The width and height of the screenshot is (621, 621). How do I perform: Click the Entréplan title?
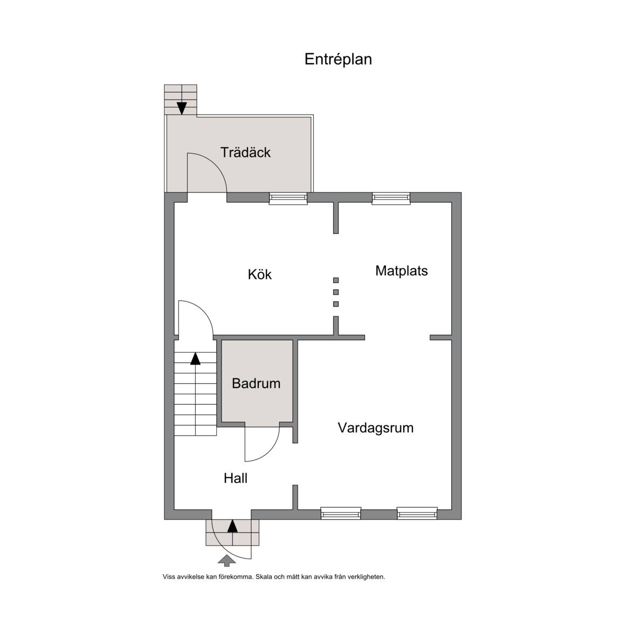click(338, 59)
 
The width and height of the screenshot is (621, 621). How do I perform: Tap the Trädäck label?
click(246, 153)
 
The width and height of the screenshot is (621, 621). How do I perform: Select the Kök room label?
click(260, 274)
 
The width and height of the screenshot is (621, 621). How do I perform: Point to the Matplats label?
click(402, 271)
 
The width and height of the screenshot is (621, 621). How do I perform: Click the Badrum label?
click(256, 383)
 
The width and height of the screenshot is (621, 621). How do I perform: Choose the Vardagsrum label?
click(375, 428)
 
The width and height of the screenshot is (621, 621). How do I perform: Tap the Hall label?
click(236, 479)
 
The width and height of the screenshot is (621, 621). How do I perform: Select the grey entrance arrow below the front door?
click(227, 561)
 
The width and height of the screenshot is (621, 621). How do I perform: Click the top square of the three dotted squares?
click(336, 280)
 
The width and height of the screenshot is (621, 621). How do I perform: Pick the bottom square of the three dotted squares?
click(336, 304)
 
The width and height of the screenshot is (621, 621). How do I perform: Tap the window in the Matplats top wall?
click(391, 198)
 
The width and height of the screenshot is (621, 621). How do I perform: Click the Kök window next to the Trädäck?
click(288, 198)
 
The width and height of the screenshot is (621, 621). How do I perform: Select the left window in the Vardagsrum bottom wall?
click(341, 513)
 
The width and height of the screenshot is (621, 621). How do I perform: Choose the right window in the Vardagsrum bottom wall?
click(417, 513)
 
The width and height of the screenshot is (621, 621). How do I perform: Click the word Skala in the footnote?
click(264, 577)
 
